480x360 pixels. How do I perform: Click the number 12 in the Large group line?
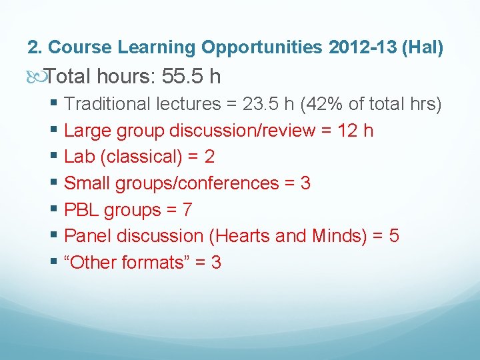[x=347, y=130]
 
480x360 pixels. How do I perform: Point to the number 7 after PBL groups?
[x=187, y=210]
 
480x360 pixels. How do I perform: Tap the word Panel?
[x=87, y=236]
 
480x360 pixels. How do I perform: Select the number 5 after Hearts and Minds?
[x=394, y=236]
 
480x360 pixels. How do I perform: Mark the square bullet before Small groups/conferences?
[x=55, y=183]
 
